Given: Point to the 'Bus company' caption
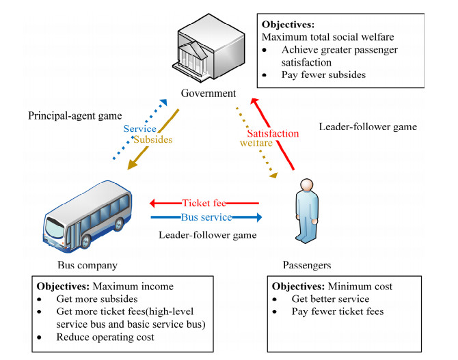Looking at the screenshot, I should click(x=88, y=264).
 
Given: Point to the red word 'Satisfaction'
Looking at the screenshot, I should click(x=273, y=133).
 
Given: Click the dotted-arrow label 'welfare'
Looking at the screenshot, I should click(x=258, y=143).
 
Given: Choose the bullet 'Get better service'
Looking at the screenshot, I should click(x=331, y=299).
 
